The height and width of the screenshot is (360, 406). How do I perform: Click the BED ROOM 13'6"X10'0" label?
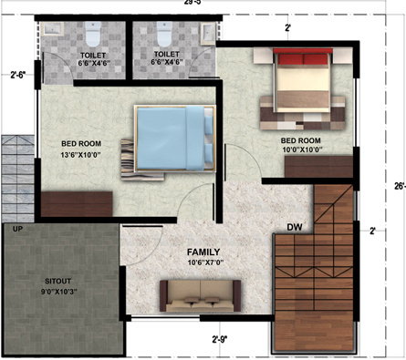pyautogui.click(x=81, y=149)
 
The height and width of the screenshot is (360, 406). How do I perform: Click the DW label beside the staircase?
pyautogui.click(x=294, y=227)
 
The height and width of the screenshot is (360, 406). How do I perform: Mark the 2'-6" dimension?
pyautogui.click(x=19, y=76)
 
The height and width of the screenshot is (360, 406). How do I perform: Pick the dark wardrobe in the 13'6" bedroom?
pyautogui.click(x=77, y=203)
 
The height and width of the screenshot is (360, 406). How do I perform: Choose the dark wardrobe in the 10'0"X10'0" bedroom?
pyautogui.click(x=317, y=167)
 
